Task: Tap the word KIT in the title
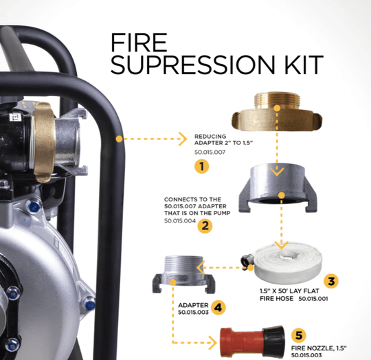click(297, 65)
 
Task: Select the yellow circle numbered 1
click(201, 166)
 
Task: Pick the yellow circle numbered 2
click(203, 225)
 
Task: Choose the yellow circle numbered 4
click(217, 308)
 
